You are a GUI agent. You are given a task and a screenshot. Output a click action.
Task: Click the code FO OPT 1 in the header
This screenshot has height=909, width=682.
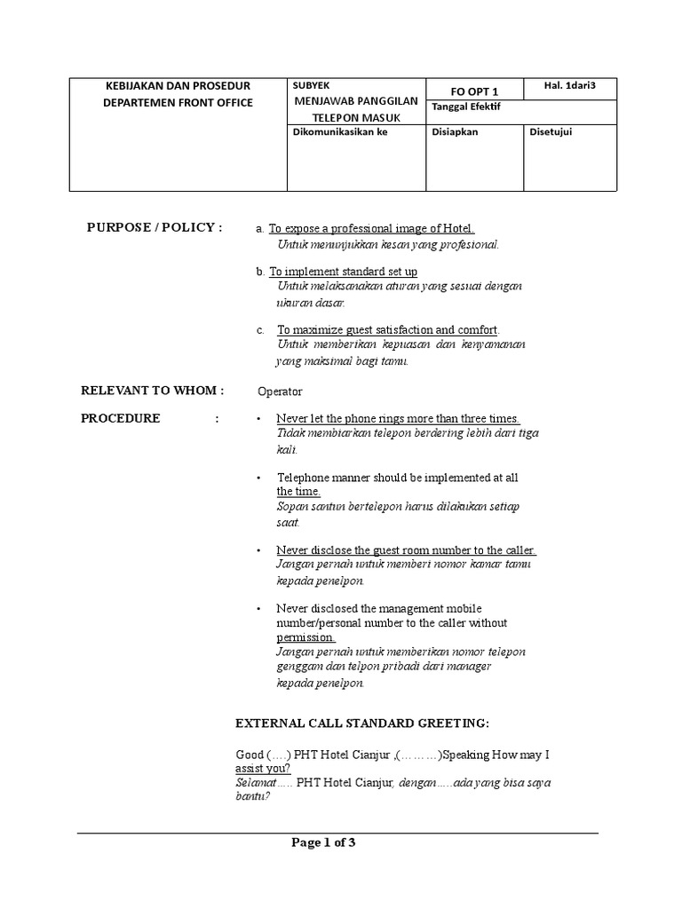pyautogui.click(x=475, y=91)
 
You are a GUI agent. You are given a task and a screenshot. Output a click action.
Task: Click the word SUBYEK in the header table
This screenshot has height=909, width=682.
pyautogui.click(x=311, y=85)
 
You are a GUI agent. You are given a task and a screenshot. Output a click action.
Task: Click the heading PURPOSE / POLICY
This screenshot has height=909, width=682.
pyautogui.click(x=154, y=227)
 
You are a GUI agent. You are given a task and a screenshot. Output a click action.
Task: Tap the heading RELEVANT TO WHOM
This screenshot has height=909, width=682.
pyautogui.click(x=153, y=390)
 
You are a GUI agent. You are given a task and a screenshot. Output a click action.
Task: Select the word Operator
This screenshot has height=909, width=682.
pyautogui.click(x=280, y=391)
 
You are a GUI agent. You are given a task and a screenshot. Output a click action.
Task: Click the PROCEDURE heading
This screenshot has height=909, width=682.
pyautogui.click(x=121, y=418)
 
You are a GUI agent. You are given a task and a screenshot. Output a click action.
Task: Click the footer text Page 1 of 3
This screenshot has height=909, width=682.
pyautogui.click(x=323, y=843)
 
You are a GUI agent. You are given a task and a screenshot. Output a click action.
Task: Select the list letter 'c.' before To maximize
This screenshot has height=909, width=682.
pyautogui.click(x=260, y=330)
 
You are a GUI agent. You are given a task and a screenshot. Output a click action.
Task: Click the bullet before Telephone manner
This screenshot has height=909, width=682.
pyautogui.click(x=258, y=478)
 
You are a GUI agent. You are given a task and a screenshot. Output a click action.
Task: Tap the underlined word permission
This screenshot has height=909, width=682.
pyautogui.click(x=305, y=637)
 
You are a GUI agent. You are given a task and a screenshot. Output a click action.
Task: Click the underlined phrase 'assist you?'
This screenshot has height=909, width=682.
pyautogui.click(x=264, y=769)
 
